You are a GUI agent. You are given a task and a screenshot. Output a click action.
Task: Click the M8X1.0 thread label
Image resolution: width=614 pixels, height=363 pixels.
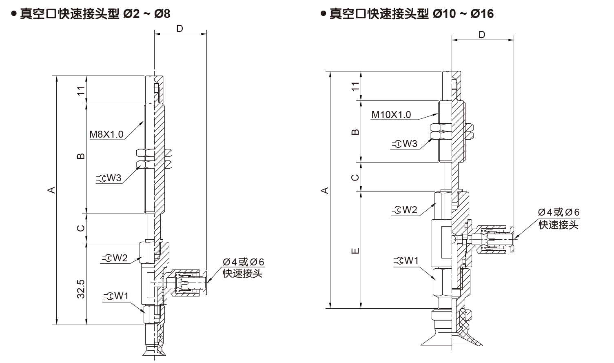(106, 134)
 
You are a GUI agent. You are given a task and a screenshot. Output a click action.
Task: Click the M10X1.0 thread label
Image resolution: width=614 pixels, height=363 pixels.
(391, 115)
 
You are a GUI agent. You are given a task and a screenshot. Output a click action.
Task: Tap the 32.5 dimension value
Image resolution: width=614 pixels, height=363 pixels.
(81, 289)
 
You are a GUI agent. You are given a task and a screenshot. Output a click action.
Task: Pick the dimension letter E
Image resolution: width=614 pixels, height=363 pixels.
(355, 251)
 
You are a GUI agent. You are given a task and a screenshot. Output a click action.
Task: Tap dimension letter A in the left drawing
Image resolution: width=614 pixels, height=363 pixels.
(51, 190)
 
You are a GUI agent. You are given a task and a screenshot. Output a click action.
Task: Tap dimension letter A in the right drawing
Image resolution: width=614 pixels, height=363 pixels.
(325, 190)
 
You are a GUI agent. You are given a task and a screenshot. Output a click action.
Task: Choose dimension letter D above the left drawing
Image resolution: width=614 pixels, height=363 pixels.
(180, 28)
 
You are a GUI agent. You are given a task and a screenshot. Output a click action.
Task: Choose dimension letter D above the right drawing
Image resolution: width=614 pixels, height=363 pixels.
(481, 35)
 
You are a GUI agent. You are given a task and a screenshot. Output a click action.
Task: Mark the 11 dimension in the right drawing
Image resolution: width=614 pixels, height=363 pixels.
(355, 86)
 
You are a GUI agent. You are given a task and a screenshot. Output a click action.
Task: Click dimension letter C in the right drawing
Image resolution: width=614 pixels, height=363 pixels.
(355, 177)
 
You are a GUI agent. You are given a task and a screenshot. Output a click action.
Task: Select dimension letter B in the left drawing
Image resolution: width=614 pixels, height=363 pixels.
(81, 156)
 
